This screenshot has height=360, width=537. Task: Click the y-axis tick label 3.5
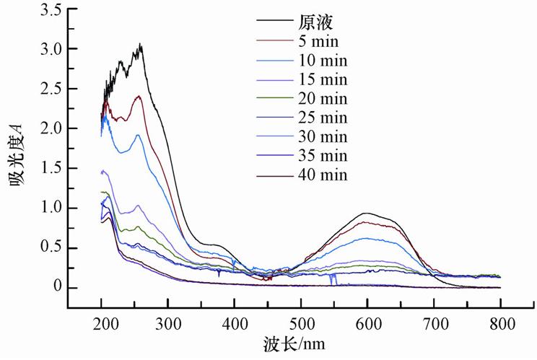point(50,9)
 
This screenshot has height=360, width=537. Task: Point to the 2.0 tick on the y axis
point(50,128)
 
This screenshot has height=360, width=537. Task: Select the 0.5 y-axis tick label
point(50,248)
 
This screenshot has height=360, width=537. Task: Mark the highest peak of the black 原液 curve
point(141,45)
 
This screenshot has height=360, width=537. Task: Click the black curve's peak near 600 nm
point(367,213)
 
